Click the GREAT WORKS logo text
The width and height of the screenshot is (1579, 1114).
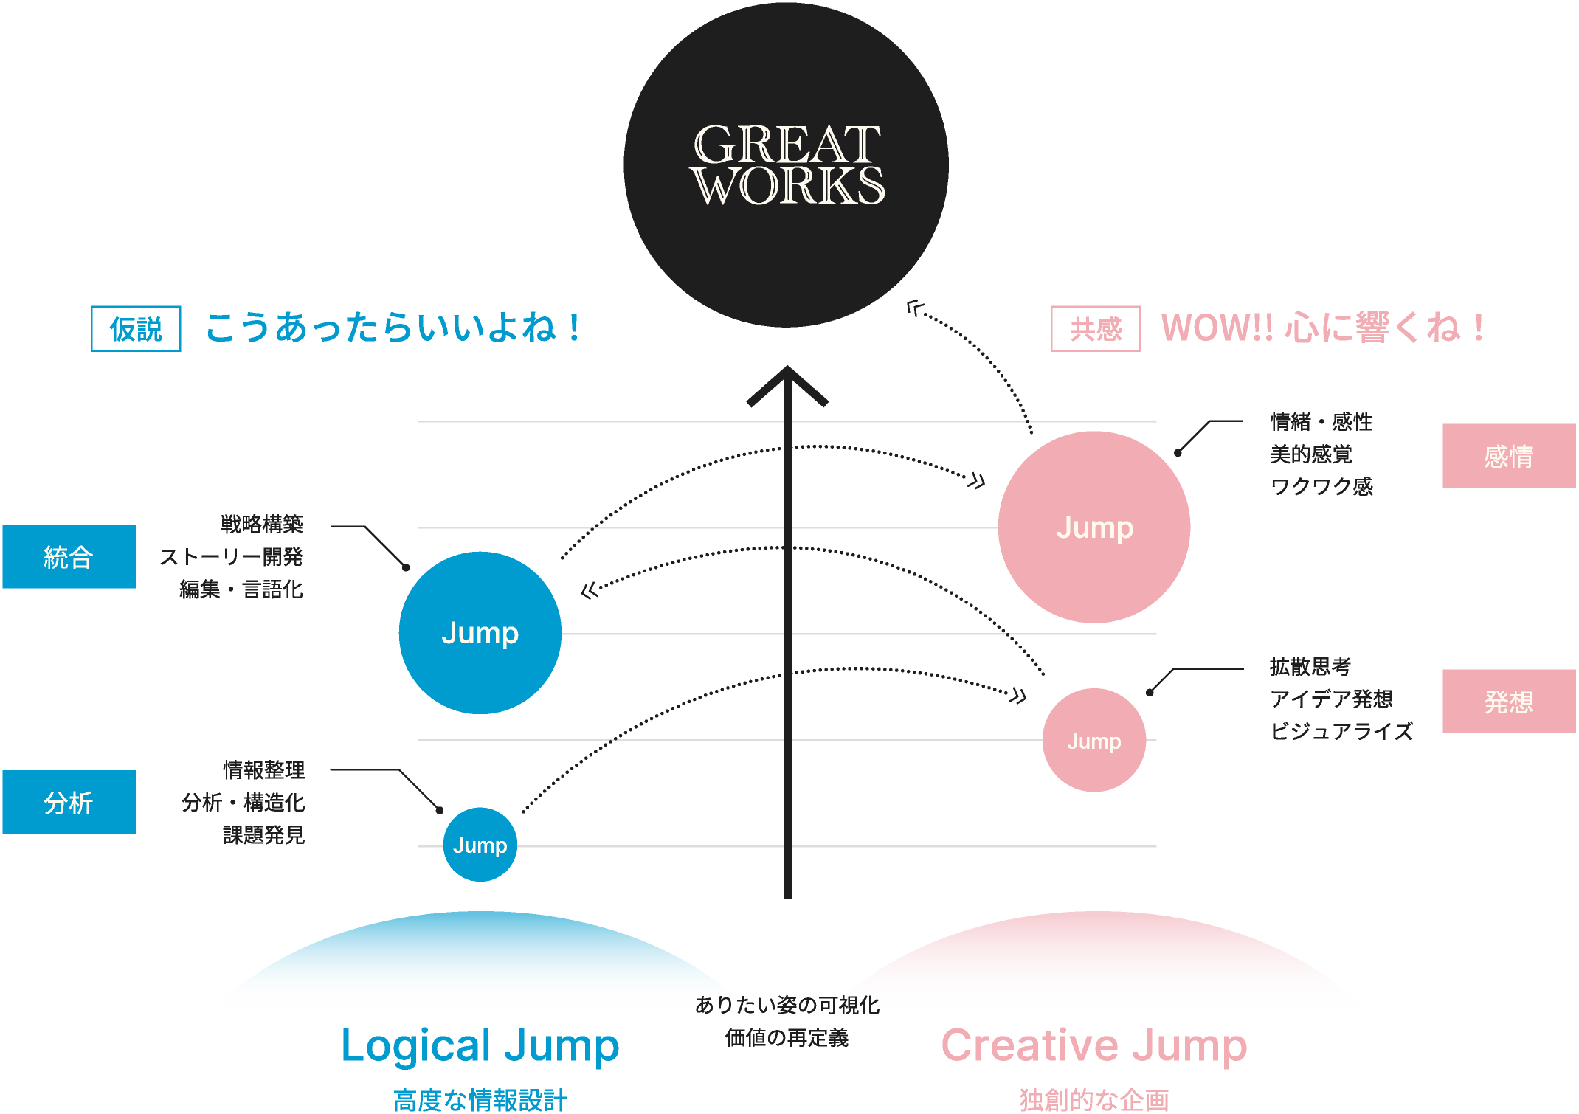(x=787, y=165)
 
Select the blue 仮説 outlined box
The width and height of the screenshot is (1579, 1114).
(x=136, y=328)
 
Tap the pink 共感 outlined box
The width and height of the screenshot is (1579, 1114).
(x=1095, y=328)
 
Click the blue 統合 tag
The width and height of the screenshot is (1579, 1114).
(x=69, y=556)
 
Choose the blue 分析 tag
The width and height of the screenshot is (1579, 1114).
(x=69, y=802)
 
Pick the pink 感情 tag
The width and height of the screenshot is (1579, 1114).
(x=1508, y=456)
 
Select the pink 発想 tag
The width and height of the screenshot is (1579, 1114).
(x=1508, y=701)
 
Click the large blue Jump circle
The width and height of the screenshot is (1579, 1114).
(x=480, y=633)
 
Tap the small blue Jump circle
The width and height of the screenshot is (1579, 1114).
(x=480, y=845)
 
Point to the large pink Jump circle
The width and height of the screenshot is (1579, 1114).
(x=1093, y=527)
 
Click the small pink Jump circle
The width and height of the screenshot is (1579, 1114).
(x=1093, y=740)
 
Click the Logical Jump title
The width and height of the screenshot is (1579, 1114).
(x=480, y=1045)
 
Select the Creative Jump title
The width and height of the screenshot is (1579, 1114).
(x=1093, y=1045)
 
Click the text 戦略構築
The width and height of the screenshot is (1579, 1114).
(x=262, y=524)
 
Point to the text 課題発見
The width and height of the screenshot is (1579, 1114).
(x=263, y=834)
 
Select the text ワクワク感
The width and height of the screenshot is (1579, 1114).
(x=1321, y=486)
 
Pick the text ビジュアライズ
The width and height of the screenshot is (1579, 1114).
(x=1341, y=731)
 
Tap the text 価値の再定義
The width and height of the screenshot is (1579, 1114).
(x=787, y=1037)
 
